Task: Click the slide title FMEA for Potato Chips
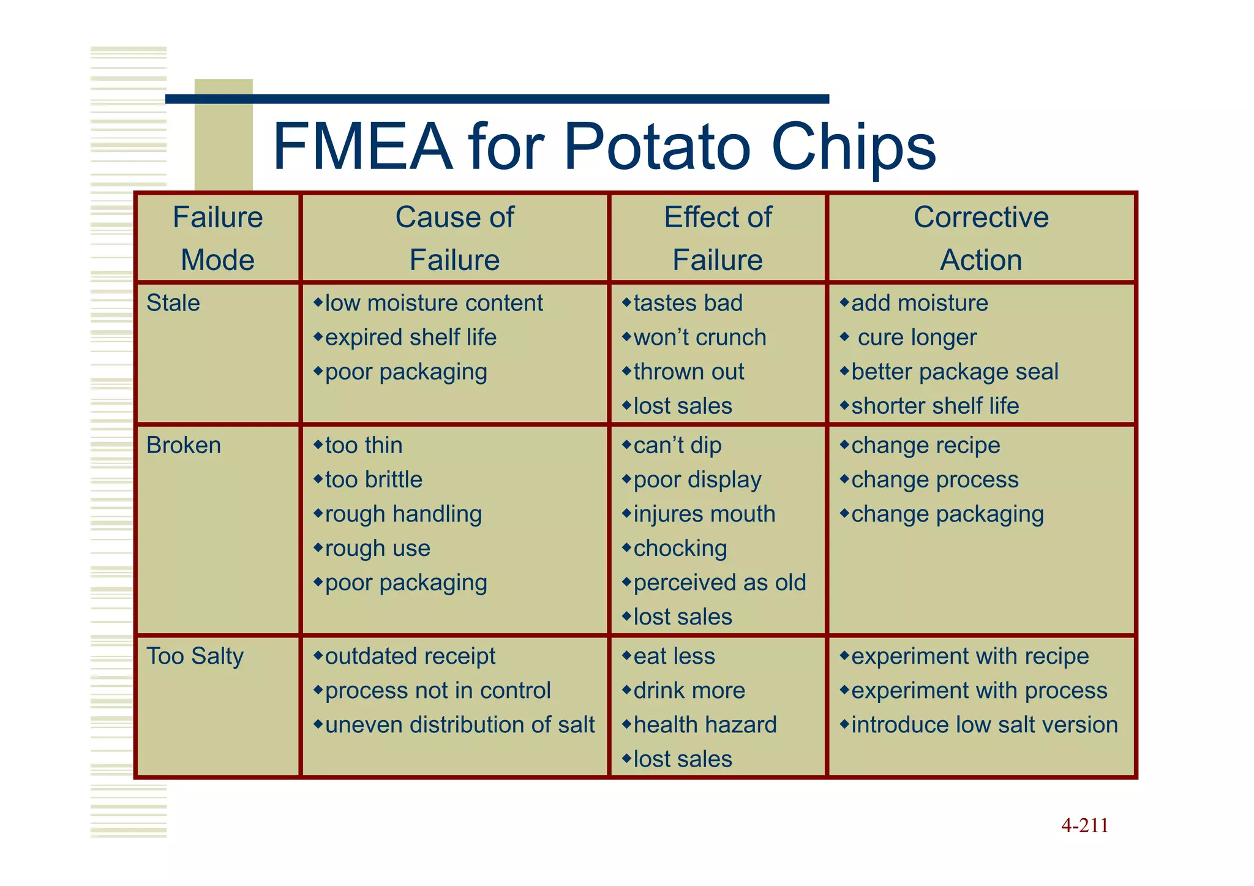pyautogui.click(x=604, y=146)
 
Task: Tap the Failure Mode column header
pyautogui.click(x=218, y=238)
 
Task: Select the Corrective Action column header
pyautogui.click(x=981, y=238)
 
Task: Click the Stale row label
pyautogui.click(x=173, y=303)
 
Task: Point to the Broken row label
pyautogui.click(x=184, y=445)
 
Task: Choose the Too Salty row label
pyautogui.click(x=195, y=656)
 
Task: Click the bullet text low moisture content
pyautogui.click(x=434, y=303)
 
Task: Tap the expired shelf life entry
pyautogui.click(x=410, y=337)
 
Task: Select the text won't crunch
pyautogui.click(x=699, y=337)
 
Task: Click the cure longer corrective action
pyautogui.click(x=917, y=337)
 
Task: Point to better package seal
pyautogui.click(x=955, y=372)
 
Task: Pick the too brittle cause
pyautogui.click(x=374, y=479)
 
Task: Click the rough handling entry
pyautogui.click(x=403, y=514)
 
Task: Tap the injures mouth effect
pyautogui.click(x=704, y=514)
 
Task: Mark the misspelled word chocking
pyautogui.click(x=680, y=548)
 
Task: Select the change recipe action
pyautogui.click(x=925, y=445)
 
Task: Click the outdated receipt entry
pyautogui.click(x=410, y=656)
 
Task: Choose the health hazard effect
pyautogui.click(x=705, y=725)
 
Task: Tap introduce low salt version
pyautogui.click(x=984, y=725)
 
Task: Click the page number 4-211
pyautogui.click(x=1084, y=825)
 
